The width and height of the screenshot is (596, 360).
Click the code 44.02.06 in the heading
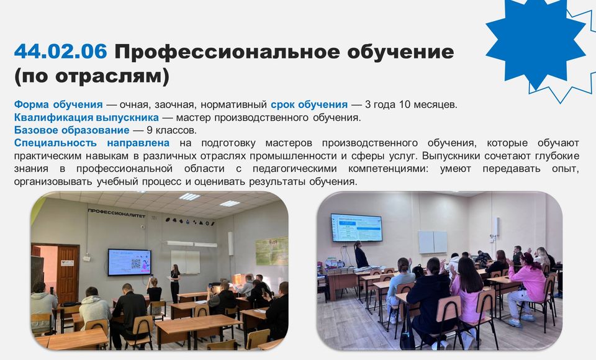tap(60, 52)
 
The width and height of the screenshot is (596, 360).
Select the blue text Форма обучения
tap(58, 104)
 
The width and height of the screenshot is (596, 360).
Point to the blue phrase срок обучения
tap(309, 104)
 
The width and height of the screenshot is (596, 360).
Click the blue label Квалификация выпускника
tap(86, 117)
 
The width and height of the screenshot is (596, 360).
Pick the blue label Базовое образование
tap(71, 130)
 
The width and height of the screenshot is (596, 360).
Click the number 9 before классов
tap(150, 130)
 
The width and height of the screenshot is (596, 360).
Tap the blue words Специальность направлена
tap(92, 143)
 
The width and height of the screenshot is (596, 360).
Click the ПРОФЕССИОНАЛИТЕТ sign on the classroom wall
tap(116, 214)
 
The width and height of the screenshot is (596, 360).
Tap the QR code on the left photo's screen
tap(136, 263)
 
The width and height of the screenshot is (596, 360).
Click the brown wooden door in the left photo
tap(67, 274)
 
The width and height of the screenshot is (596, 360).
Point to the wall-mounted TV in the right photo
tap(356, 228)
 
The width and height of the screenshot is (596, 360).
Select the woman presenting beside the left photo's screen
tap(175, 283)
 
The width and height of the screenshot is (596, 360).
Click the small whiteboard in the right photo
tap(433, 242)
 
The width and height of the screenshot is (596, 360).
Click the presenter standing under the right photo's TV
tap(361, 254)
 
